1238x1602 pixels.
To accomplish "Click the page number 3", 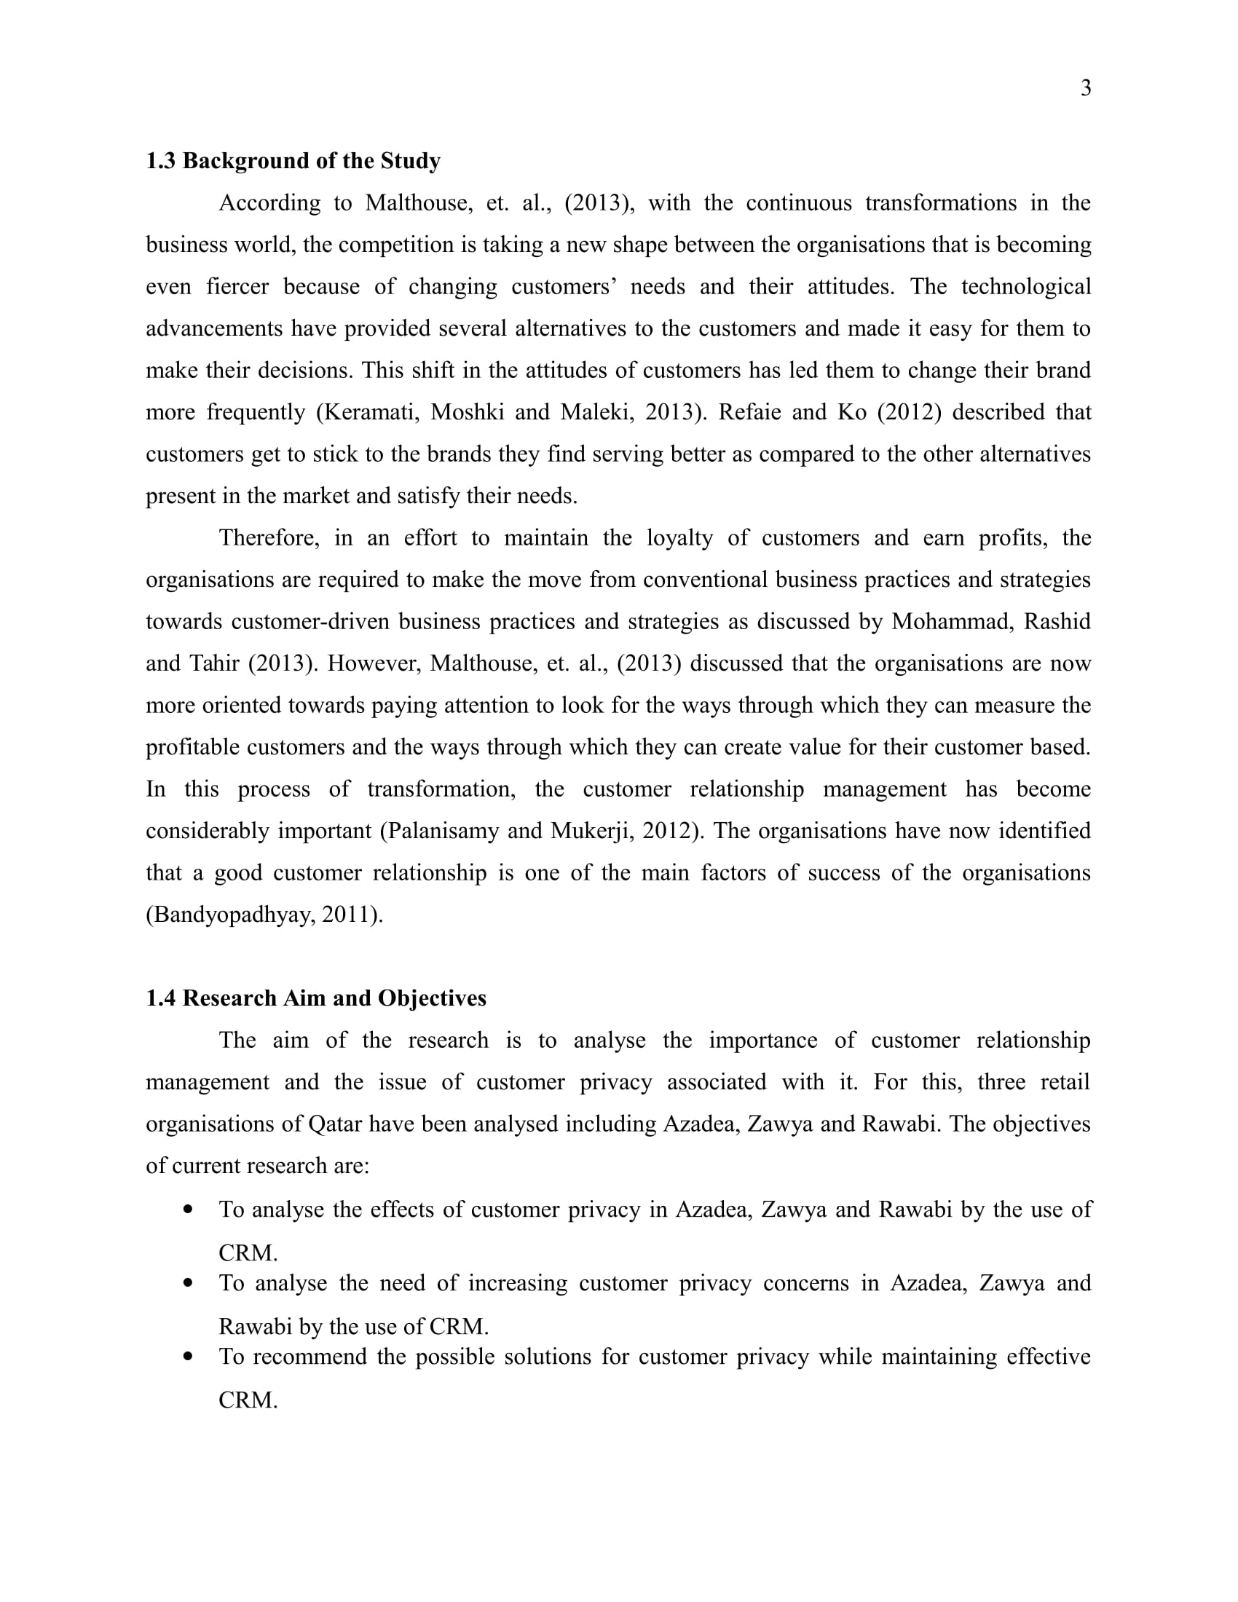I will coord(1086,88).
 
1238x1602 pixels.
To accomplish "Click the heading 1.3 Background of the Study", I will coord(293,161).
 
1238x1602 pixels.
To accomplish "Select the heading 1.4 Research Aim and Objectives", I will coord(315,998).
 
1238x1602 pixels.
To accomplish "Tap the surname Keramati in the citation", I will coord(371,412).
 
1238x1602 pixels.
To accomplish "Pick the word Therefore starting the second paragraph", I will coord(269,537).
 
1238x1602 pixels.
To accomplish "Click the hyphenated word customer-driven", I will coord(310,621).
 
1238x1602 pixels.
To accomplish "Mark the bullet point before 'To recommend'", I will coord(189,1357).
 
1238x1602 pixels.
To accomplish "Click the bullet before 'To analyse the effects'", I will coord(189,1209).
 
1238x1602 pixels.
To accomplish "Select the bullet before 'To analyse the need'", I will coord(189,1283).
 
